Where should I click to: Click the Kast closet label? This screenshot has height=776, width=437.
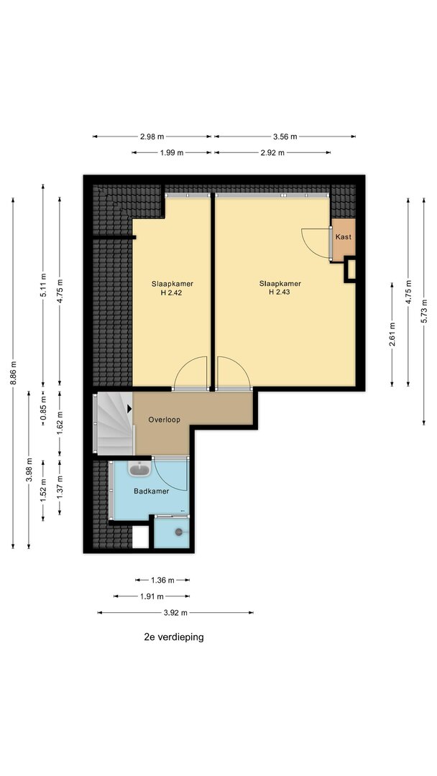pyautogui.click(x=344, y=237)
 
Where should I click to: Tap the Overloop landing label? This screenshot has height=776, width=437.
pyautogui.click(x=165, y=420)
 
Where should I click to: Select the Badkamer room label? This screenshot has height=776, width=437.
pyautogui.click(x=152, y=491)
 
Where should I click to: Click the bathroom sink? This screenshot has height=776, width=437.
pyautogui.click(x=139, y=468)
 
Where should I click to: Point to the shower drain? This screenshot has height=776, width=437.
pyautogui.click(x=179, y=532)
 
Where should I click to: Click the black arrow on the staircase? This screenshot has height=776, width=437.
pyautogui.click(x=129, y=409)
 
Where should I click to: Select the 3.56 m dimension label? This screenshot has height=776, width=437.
pyautogui.click(x=285, y=137)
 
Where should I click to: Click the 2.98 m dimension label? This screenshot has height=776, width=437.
pyautogui.click(x=152, y=137)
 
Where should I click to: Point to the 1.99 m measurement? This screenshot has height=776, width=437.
pyautogui.click(x=172, y=153)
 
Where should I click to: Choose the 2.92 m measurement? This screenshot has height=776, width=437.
pyautogui.click(x=272, y=153)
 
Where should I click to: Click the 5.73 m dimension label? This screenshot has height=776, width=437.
pyautogui.click(x=424, y=311)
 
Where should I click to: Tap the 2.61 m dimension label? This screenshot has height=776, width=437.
pyautogui.click(x=392, y=335)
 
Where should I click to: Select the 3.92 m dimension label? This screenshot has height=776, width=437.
pyautogui.click(x=175, y=613)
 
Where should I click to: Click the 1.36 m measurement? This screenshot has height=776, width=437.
pyautogui.click(x=162, y=580)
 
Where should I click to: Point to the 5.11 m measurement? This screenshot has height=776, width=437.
pyautogui.click(x=43, y=285)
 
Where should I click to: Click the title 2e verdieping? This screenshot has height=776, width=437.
pyautogui.click(x=174, y=637)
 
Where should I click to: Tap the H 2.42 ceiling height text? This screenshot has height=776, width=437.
pyautogui.click(x=172, y=292)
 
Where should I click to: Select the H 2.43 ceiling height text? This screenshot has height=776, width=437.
pyautogui.click(x=280, y=292)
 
